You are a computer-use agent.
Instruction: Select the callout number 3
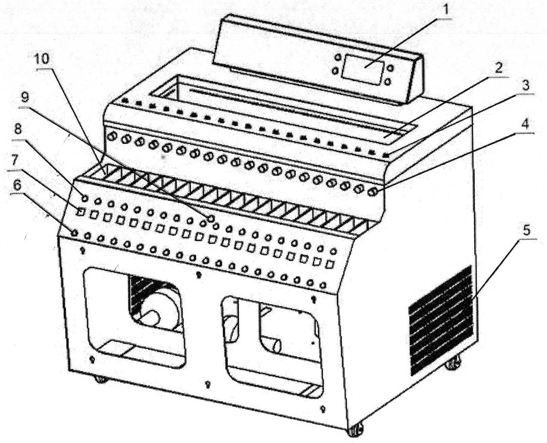526,86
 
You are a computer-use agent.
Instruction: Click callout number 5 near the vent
526,231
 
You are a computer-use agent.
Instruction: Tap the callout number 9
25,97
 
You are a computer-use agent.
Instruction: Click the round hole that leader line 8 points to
85,198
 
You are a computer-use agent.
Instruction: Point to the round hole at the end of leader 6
74,233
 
